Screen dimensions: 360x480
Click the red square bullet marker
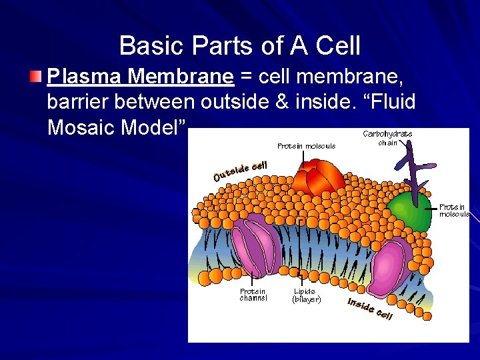pyautogui.click(x=36, y=77)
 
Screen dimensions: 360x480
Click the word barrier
pyautogui.click(x=81, y=103)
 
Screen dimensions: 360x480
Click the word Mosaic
pyautogui.click(x=83, y=127)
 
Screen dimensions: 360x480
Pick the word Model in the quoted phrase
pyautogui.click(x=155, y=127)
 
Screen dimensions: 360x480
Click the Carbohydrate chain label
pyautogui.click(x=387, y=138)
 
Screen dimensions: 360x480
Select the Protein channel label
pyautogui.click(x=253, y=295)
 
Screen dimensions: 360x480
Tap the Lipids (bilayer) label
pyautogui.click(x=307, y=295)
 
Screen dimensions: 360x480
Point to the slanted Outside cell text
pyautogui.click(x=241, y=171)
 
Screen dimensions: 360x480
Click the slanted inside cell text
pyautogui.click(x=370, y=308)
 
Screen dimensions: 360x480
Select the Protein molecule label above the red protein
pyautogui.click(x=306, y=145)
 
